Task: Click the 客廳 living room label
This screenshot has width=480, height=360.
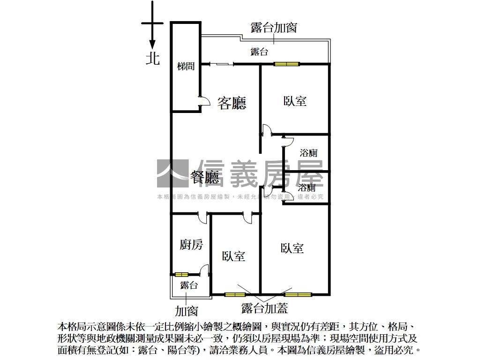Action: click(x=232, y=103)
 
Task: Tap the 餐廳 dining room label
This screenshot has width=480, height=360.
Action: click(x=205, y=177)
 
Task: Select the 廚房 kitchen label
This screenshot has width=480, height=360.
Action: click(x=191, y=244)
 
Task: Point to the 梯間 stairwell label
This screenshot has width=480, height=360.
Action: click(x=186, y=67)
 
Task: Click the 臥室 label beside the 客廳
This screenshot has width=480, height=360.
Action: click(x=295, y=101)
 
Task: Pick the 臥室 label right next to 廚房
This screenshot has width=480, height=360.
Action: click(x=233, y=256)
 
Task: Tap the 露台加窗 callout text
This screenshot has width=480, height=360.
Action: click(x=274, y=28)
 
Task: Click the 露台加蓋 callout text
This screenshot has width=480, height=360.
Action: click(x=264, y=308)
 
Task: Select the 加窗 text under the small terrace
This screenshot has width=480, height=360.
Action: click(x=187, y=310)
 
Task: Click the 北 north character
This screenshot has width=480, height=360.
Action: click(x=153, y=58)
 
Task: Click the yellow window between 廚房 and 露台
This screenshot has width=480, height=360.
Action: click(x=181, y=274)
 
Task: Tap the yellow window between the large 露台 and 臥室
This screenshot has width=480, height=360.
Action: click(x=287, y=64)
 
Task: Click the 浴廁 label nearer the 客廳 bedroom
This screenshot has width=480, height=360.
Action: click(x=309, y=153)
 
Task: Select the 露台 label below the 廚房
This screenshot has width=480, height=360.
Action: click(x=189, y=285)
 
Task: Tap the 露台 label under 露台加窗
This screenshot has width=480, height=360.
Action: click(x=259, y=52)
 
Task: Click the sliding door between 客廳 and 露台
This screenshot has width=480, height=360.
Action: click(x=218, y=64)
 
